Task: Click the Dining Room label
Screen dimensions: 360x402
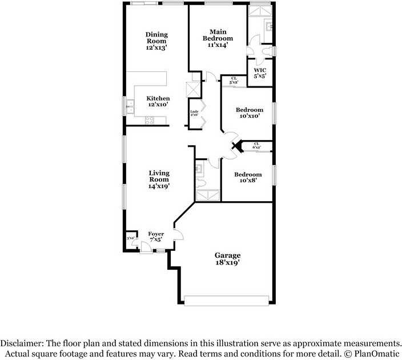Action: [x=156, y=41]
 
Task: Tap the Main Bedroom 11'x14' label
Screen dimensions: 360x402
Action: [x=218, y=38]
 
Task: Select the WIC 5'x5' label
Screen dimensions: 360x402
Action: [x=260, y=74]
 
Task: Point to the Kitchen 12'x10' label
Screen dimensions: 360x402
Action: [x=158, y=102]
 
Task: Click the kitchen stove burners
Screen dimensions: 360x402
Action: [x=150, y=120]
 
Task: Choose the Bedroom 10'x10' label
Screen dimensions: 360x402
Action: [x=250, y=113]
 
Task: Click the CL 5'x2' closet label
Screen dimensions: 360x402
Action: [x=234, y=81]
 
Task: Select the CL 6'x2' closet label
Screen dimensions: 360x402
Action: [x=256, y=146]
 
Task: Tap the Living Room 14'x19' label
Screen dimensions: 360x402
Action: [x=159, y=179]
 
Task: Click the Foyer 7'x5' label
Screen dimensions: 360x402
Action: [x=156, y=237]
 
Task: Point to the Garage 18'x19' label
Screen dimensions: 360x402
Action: [x=227, y=259]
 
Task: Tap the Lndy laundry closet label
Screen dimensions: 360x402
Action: [x=194, y=113]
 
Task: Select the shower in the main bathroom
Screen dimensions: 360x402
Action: [x=260, y=11]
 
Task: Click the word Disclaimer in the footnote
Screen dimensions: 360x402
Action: [x=21, y=343]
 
